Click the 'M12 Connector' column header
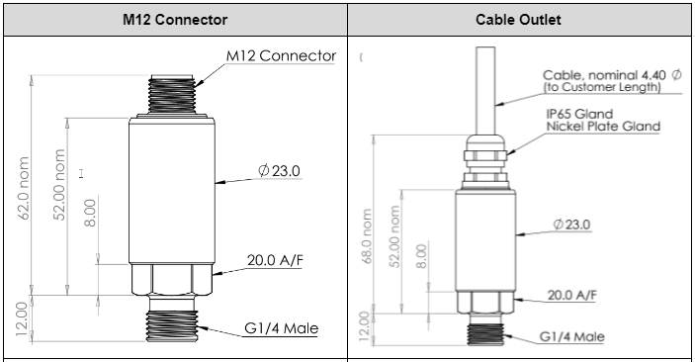(175, 20)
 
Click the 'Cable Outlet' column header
(518, 20)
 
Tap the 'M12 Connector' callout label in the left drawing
(281, 56)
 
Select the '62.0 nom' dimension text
(24, 188)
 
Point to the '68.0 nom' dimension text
(367, 236)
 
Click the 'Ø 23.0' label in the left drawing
(279, 170)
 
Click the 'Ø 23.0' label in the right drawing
(571, 225)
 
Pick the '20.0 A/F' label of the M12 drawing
(275, 260)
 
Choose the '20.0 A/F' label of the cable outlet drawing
(571, 295)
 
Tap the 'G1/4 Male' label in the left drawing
(281, 328)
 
